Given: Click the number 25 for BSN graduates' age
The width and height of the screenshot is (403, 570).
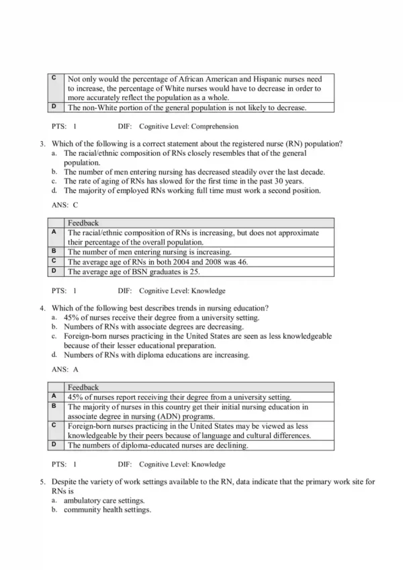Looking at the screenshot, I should (x=193, y=272).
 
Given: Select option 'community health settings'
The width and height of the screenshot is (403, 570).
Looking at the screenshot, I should (x=107, y=510).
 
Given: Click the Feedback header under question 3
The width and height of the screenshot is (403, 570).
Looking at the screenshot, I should (x=83, y=222).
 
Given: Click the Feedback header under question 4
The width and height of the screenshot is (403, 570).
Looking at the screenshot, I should (x=83, y=387).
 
